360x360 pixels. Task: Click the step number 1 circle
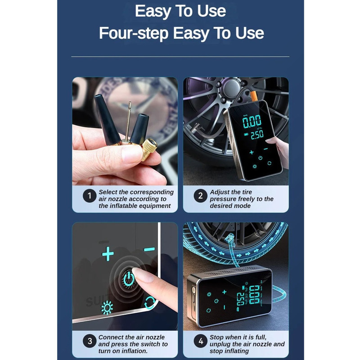point(90,196)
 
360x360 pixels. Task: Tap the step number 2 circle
point(200,196)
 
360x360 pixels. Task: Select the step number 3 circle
point(90,341)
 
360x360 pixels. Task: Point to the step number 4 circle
point(200,341)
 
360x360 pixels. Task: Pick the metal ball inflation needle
point(128,123)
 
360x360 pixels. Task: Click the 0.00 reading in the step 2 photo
point(252,121)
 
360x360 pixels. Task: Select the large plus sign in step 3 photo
point(108,254)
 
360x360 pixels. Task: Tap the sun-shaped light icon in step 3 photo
point(107,308)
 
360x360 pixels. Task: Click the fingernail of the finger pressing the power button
point(143,274)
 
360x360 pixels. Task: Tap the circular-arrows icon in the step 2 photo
point(269,163)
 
